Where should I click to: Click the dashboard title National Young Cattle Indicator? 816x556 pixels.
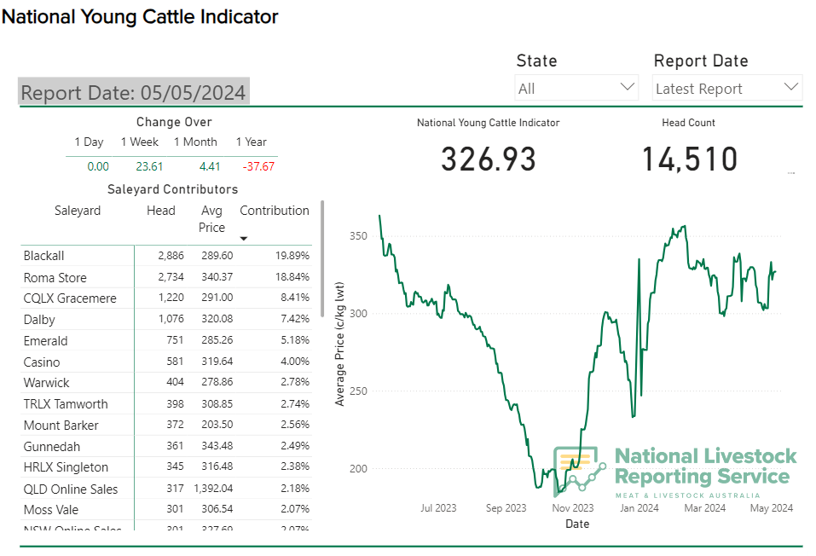coord(140,16)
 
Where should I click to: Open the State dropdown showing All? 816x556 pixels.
coord(576,88)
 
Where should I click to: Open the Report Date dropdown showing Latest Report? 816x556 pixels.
coord(727,88)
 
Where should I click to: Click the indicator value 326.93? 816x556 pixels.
coord(489,159)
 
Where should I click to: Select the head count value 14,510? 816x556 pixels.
coord(689,159)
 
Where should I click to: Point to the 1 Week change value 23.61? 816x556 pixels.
coord(149,166)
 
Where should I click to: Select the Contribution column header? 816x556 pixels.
coord(275,211)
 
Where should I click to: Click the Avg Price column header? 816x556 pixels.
coord(211,218)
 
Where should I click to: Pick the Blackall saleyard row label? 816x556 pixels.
coord(44,256)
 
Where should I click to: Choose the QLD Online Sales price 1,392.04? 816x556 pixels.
coord(211,489)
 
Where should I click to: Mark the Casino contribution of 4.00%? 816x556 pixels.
coord(295,362)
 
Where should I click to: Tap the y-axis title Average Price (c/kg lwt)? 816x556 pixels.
coord(340,344)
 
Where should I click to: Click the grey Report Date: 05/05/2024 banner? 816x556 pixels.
coord(134,92)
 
